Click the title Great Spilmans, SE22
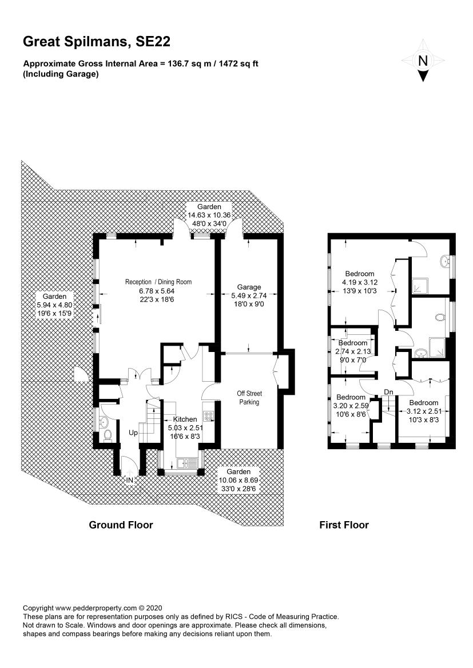pyautogui.click(x=97, y=42)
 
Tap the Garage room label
pyautogui.click(x=249, y=287)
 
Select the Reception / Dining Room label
pyautogui.click(x=158, y=282)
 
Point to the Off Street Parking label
pyautogui.click(x=249, y=398)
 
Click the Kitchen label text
pyautogui.click(x=185, y=419)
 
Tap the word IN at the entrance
pyautogui.click(x=130, y=480)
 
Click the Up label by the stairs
pyautogui.click(x=133, y=433)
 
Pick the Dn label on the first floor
pyautogui.click(x=388, y=392)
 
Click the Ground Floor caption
pyautogui.click(x=121, y=525)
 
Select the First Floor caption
pyautogui.click(x=344, y=525)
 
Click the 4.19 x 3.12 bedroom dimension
pyautogui.click(x=360, y=282)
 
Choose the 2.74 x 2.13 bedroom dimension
pyautogui.click(x=353, y=351)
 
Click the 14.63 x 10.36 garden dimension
pyautogui.click(x=209, y=215)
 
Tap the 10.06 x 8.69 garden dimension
pyautogui.click(x=239, y=480)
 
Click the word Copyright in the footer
pyautogui.click(x=38, y=609)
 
